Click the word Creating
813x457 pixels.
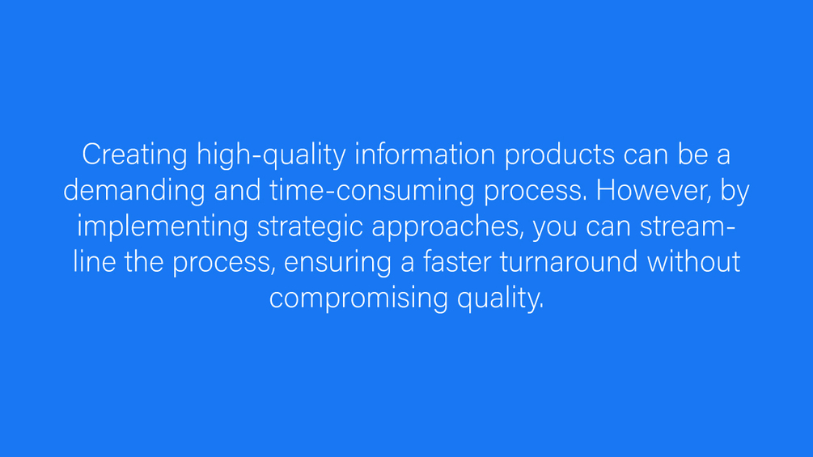(x=134, y=154)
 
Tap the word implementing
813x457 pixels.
(x=162, y=226)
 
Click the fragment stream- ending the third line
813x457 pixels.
(x=688, y=226)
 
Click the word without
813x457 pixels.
(x=693, y=261)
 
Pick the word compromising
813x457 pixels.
(x=358, y=298)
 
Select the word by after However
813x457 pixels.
(x=735, y=191)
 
